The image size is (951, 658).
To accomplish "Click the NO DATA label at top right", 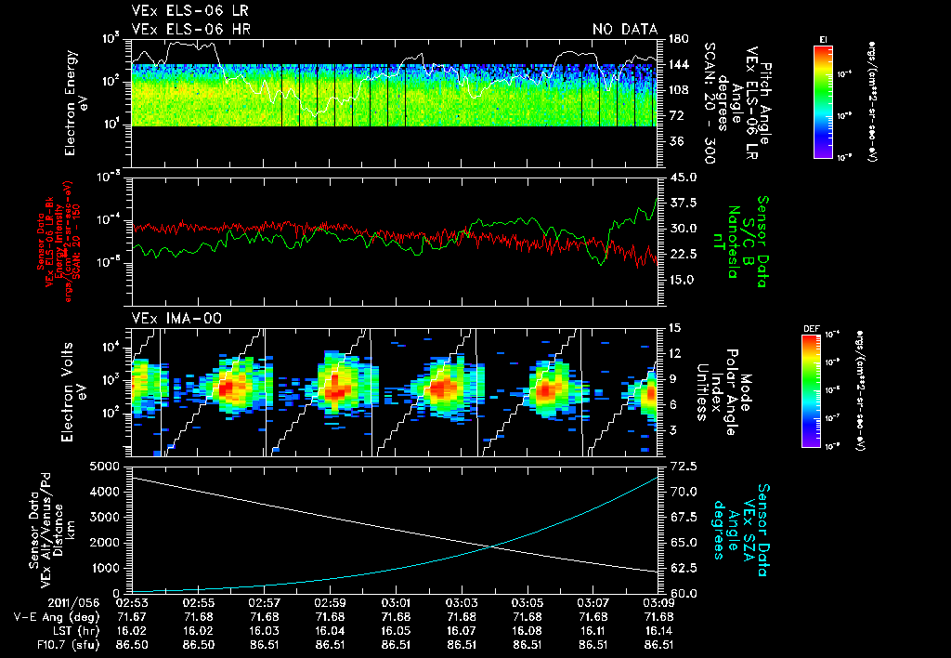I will pyautogui.click(x=624, y=30).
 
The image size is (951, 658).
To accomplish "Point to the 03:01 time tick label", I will pyautogui.click(x=397, y=603).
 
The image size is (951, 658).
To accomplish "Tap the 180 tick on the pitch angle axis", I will pyautogui.click(x=676, y=39).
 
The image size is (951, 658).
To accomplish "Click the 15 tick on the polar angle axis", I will pyautogui.click(x=674, y=327).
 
